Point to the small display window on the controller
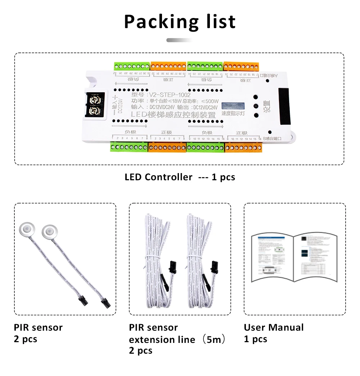(x=233, y=106)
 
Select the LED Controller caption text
(x=158, y=177)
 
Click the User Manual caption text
(x=274, y=327)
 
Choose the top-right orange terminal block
(x=242, y=67)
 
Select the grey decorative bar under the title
(x=180, y=40)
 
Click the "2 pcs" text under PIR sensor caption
(x=26, y=339)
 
